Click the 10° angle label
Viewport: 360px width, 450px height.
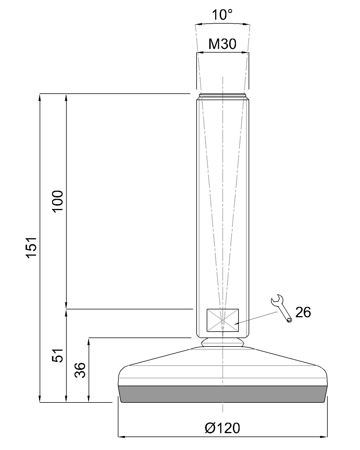222,15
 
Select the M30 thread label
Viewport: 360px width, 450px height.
222,44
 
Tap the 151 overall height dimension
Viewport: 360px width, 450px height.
31,248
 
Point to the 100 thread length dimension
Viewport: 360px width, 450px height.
58,202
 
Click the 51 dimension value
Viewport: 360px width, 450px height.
58,355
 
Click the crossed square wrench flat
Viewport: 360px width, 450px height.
222,320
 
